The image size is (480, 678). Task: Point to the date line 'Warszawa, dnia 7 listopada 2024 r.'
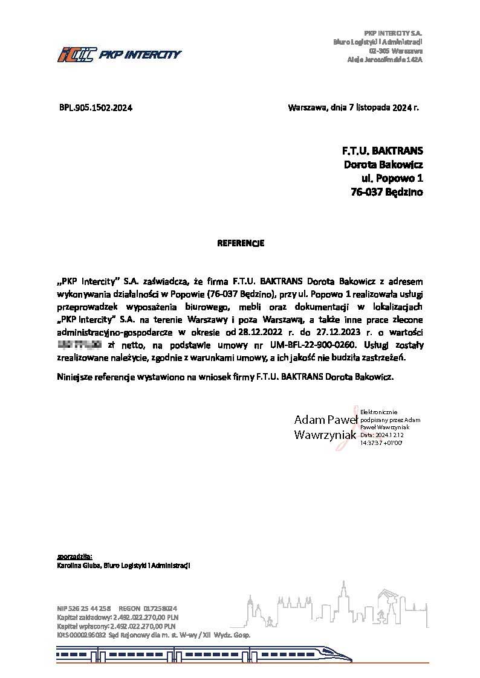tap(354, 108)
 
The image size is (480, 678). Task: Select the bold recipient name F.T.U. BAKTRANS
tap(383, 150)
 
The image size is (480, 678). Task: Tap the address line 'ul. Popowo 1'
tap(392, 178)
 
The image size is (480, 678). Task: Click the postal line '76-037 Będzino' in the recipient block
tap(387, 192)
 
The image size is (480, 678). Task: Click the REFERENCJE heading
tap(241, 243)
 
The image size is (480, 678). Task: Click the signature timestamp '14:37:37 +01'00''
tap(381, 443)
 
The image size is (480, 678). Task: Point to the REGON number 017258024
tap(160, 609)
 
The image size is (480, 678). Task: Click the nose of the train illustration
tap(348, 656)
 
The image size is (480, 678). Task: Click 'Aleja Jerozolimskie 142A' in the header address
tap(384, 59)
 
